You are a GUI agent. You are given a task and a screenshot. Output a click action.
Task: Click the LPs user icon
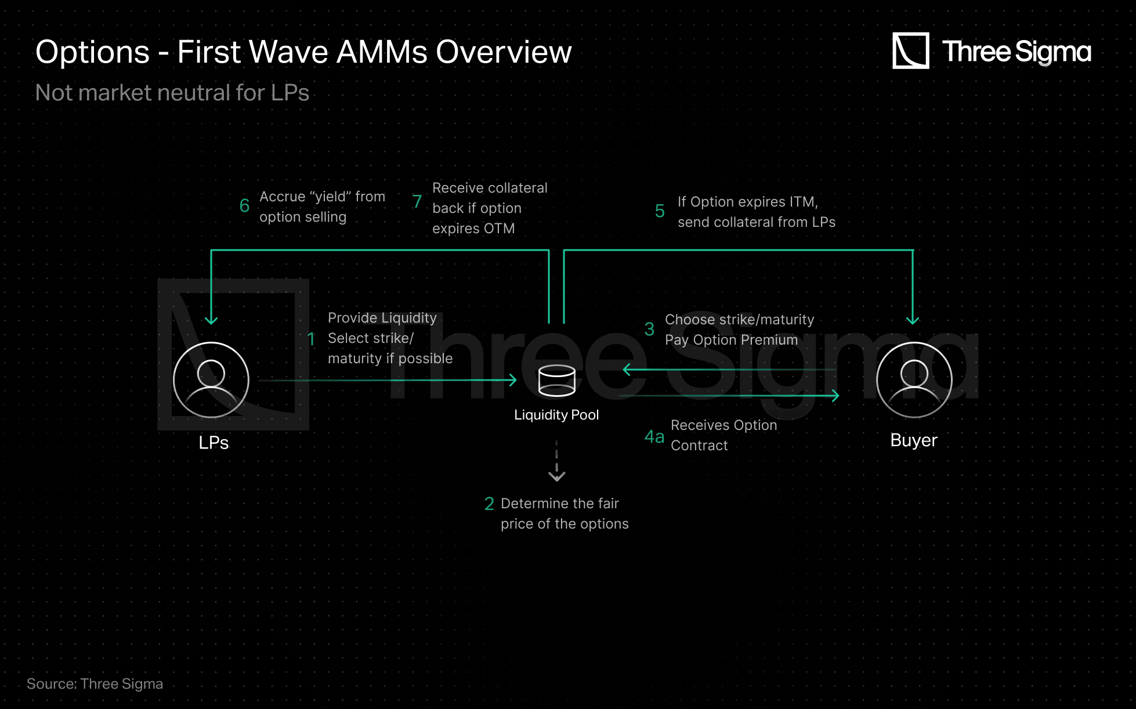tap(211, 380)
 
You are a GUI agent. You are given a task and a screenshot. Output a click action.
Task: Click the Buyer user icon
tap(914, 380)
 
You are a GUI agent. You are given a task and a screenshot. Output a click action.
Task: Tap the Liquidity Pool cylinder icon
tap(557, 381)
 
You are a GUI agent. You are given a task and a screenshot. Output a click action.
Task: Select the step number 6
tap(244, 206)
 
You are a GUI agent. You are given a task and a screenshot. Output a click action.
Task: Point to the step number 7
tap(417, 201)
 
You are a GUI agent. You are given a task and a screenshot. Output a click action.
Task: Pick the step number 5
tap(660, 211)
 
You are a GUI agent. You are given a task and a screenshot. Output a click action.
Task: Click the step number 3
tap(649, 329)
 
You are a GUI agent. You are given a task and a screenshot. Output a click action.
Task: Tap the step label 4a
tap(654, 436)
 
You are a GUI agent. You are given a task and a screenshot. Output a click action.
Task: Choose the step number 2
tap(489, 504)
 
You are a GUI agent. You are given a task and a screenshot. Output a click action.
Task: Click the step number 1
tap(312, 339)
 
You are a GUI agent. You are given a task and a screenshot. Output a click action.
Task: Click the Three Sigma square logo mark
tap(911, 50)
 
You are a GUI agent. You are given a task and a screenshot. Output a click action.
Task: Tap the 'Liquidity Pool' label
tap(556, 415)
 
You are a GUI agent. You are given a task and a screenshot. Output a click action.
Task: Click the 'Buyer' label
tap(914, 440)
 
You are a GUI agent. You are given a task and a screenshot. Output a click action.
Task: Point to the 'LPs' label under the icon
tap(214, 443)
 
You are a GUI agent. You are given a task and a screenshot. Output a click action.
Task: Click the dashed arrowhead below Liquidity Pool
tap(557, 476)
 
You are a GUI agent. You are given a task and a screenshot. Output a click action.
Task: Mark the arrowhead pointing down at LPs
tap(211, 320)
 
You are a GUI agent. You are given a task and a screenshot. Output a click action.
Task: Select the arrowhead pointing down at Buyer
tap(913, 320)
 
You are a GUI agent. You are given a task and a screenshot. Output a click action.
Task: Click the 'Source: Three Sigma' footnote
tap(95, 684)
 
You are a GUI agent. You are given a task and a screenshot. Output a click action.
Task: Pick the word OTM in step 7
tap(499, 229)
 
